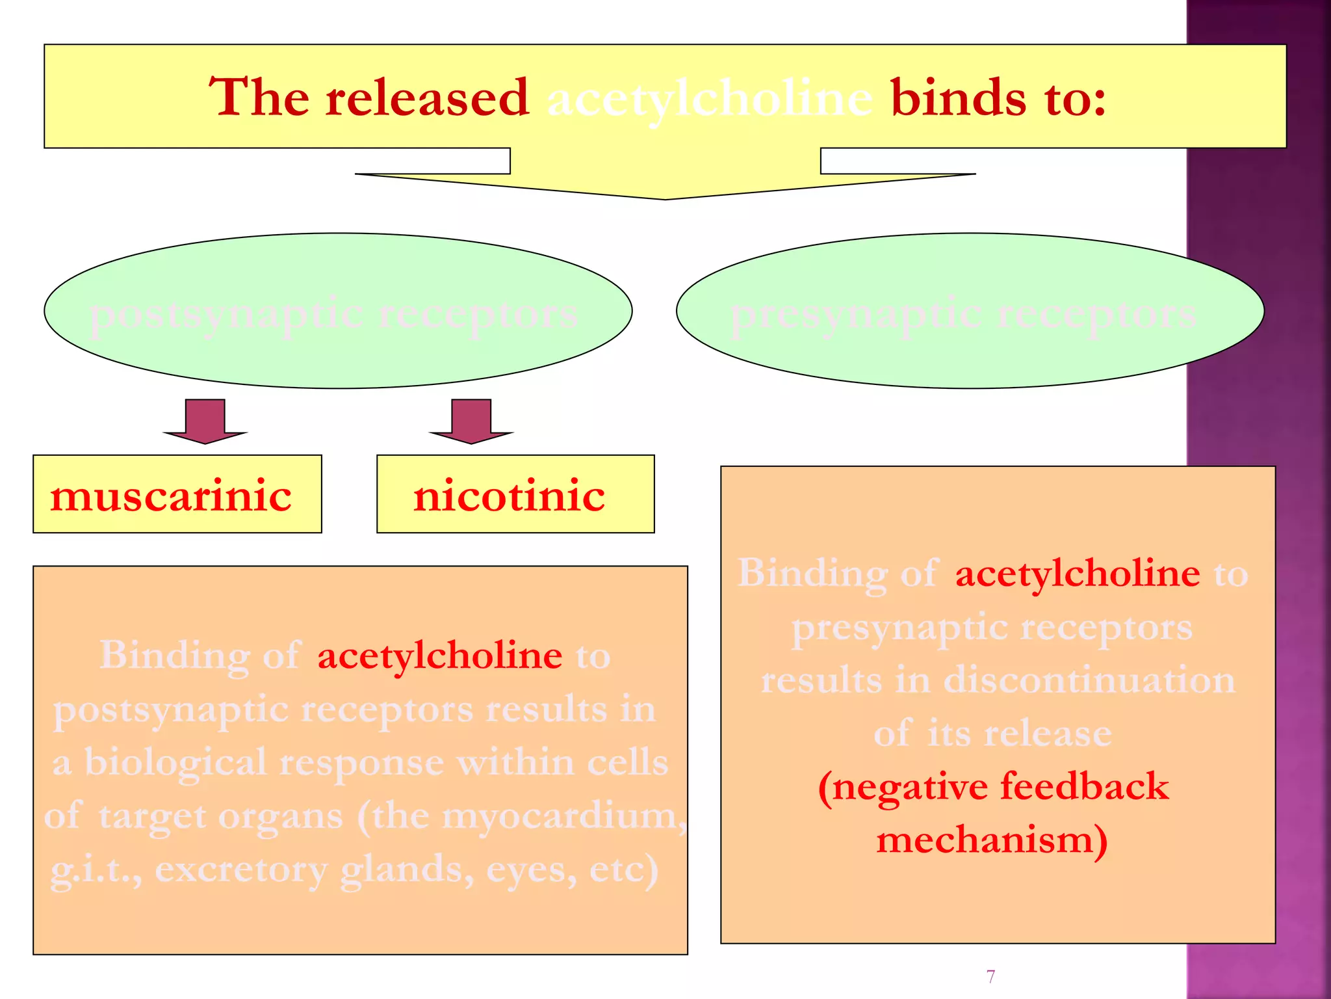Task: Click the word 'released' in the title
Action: point(427,98)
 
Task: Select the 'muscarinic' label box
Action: point(177,494)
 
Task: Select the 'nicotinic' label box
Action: point(515,494)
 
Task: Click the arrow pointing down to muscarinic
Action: point(205,422)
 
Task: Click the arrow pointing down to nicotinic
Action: point(471,422)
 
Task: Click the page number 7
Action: point(990,976)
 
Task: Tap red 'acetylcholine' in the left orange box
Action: point(439,655)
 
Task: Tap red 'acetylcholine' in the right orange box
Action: point(1077,574)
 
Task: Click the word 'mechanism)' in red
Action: point(992,840)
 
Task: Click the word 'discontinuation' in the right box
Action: point(1089,680)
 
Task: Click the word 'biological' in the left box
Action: point(175,762)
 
